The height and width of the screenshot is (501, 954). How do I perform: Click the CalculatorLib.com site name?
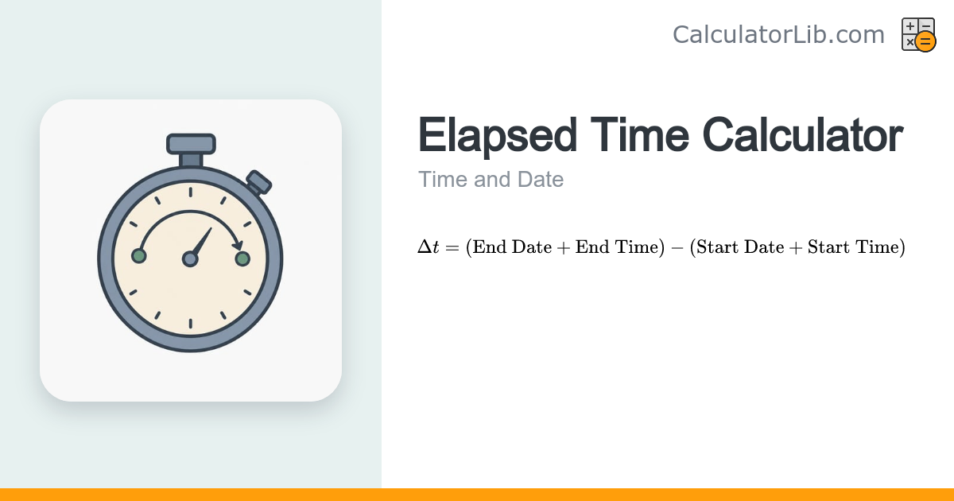click(x=778, y=34)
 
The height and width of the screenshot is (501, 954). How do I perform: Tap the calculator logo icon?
click(x=919, y=34)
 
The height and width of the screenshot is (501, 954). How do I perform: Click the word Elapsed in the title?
click(x=498, y=135)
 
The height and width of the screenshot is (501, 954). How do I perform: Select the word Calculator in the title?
click(x=802, y=135)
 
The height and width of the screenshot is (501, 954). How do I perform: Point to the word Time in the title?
click(x=640, y=135)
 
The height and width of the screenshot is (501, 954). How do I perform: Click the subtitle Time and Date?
click(x=491, y=180)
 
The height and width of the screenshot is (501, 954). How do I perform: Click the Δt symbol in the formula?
click(x=429, y=247)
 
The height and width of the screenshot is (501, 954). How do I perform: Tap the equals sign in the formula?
click(x=452, y=247)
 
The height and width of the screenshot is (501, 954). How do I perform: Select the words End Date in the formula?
click(x=512, y=247)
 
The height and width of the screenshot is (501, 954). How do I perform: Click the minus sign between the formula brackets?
click(x=677, y=247)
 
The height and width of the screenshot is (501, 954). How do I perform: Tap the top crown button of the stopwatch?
click(x=191, y=144)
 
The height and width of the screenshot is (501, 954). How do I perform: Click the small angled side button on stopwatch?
click(x=258, y=182)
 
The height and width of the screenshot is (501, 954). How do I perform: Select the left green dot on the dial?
click(x=139, y=256)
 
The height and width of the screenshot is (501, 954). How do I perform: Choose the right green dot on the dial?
click(x=242, y=258)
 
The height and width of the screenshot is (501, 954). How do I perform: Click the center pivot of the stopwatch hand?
click(x=190, y=259)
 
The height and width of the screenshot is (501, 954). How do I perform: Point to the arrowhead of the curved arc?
click(x=238, y=245)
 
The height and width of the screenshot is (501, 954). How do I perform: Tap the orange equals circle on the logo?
click(x=925, y=41)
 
